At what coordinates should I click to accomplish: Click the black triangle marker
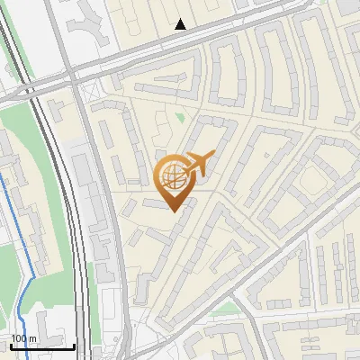pyautogui.click(x=181, y=24)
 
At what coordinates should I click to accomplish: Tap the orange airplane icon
pyautogui.click(x=200, y=165)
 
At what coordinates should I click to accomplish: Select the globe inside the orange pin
pyautogui.click(x=171, y=175)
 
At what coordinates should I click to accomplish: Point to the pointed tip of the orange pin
pyautogui.click(x=171, y=210)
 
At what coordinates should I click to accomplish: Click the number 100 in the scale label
pyautogui.click(x=19, y=338)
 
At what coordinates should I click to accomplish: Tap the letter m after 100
pyautogui.click(x=32, y=338)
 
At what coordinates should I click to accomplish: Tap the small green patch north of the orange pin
pyautogui.click(x=179, y=117)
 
